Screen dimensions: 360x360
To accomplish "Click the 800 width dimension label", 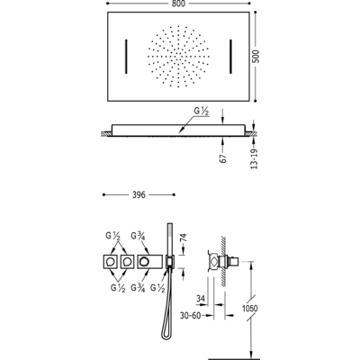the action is (178, 4).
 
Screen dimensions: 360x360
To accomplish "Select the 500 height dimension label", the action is (256, 56).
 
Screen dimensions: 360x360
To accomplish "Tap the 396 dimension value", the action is (139, 195).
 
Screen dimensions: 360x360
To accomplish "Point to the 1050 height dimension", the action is (250, 308).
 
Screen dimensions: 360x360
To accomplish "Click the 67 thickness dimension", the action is (223, 158).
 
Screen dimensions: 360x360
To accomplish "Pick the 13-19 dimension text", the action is (254, 158).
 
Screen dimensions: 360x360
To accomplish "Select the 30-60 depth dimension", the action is (190, 316).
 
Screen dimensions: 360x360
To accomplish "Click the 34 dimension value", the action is (201, 299).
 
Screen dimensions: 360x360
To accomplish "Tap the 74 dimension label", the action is (184, 238).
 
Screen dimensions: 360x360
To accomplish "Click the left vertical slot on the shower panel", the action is (126, 56).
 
